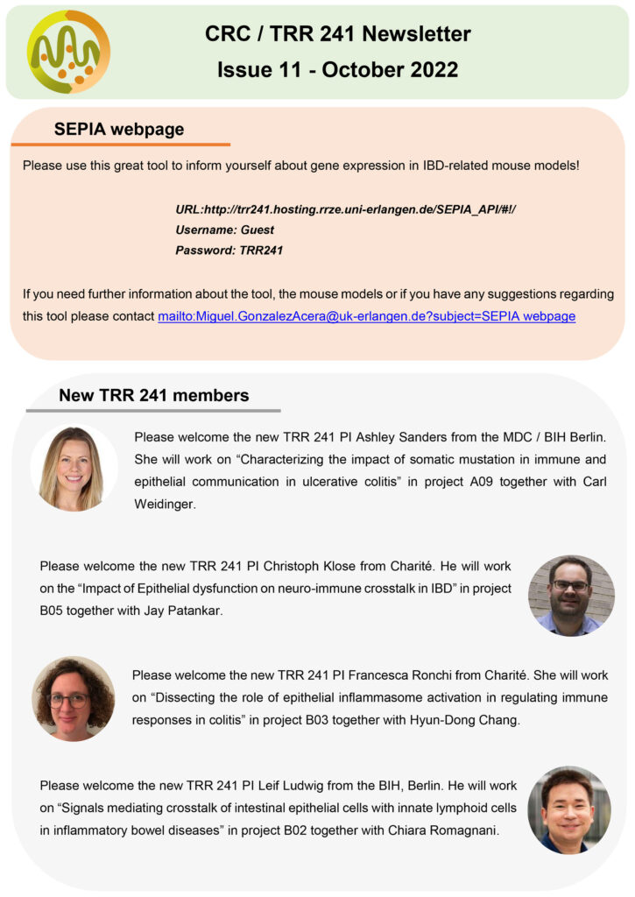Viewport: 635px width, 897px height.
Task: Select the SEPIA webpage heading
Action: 119,130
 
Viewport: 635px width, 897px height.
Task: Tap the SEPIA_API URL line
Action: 347,211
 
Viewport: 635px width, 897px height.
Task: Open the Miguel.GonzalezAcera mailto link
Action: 366,316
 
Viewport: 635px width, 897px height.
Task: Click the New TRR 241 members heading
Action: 153,395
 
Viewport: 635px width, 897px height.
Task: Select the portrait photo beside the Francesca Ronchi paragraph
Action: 74,698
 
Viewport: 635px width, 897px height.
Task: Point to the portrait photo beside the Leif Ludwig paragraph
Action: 570,810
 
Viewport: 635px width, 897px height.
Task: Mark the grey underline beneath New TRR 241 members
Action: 153,410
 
